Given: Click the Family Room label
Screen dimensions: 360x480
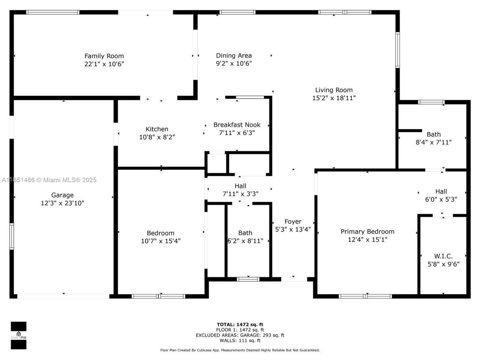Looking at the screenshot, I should pyautogui.click(x=104, y=56).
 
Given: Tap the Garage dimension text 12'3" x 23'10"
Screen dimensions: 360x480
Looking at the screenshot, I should pyautogui.click(x=62, y=203).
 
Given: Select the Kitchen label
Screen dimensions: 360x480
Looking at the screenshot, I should pyautogui.click(x=157, y=129).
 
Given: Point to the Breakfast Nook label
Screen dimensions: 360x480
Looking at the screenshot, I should pyautogui.click(x=237, y=125).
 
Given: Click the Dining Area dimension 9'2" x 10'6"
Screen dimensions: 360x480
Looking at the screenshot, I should pyautogui.click(x=234, y=64).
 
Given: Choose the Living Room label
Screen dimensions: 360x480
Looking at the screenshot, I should pyautogui.click(x=334, y=90).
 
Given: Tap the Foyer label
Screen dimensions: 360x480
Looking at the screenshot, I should pyautogui.click(x=293, y=222).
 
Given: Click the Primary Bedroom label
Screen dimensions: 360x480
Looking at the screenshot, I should pyautogui.click(x=367, y=232).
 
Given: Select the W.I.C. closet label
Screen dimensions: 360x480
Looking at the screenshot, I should pyautogui.click(x=443, y=256).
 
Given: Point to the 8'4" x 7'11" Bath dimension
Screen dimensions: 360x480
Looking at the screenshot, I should pyautogui.click(x=433, y=142).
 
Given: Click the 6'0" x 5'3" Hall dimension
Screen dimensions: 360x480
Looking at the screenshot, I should pyautogui.click(x=441, y=199).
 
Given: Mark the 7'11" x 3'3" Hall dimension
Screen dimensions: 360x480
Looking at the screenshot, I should pyautogui.click(x=240, y=194).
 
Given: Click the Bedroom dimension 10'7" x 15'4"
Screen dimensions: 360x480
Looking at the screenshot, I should pyautogui.click(x=160, y=241).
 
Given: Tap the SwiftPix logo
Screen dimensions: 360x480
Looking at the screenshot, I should pyautogui.click(x=18, y=335).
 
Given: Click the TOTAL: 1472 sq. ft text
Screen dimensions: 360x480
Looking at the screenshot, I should pyautogui.click(x=240, y=325).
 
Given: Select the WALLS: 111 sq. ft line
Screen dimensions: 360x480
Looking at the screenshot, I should pyautogui.click(x=240, y=340).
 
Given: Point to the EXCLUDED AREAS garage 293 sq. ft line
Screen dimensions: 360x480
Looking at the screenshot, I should pyautogui.click(x=240, y=335).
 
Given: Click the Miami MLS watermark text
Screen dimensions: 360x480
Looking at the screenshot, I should pyautogui.click(x=49, y=180).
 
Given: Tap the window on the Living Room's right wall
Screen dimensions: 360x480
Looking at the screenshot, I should pyautogui.click(x=397, y=50).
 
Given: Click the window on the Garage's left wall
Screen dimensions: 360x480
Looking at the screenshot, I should pyautogui.click(x=12, y=236).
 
